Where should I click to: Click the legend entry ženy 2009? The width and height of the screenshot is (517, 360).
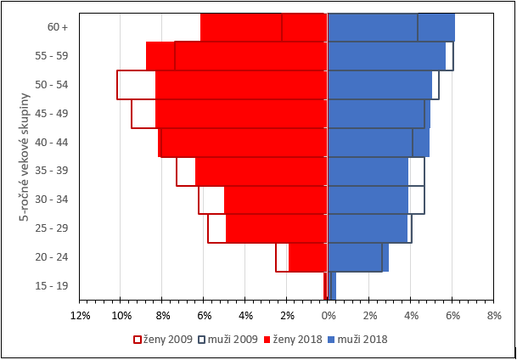tap(161, 340)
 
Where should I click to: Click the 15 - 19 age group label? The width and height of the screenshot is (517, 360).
tap(58, 286)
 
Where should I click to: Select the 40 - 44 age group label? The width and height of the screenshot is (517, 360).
tap(58, 142)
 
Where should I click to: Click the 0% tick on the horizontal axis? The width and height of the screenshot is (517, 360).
tap(328, 316)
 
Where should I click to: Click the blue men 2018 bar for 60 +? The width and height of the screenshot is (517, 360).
tap(391, 27)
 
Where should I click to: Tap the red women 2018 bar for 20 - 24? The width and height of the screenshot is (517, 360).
tap(308, 257)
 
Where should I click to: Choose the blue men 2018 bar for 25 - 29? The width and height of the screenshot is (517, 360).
tap(368, 228)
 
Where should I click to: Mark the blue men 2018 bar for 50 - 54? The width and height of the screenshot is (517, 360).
tap(379, 85)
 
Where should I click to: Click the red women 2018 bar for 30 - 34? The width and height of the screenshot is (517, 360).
tap(276, 200)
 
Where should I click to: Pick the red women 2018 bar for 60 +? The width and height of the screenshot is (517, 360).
tap(263, 27)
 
